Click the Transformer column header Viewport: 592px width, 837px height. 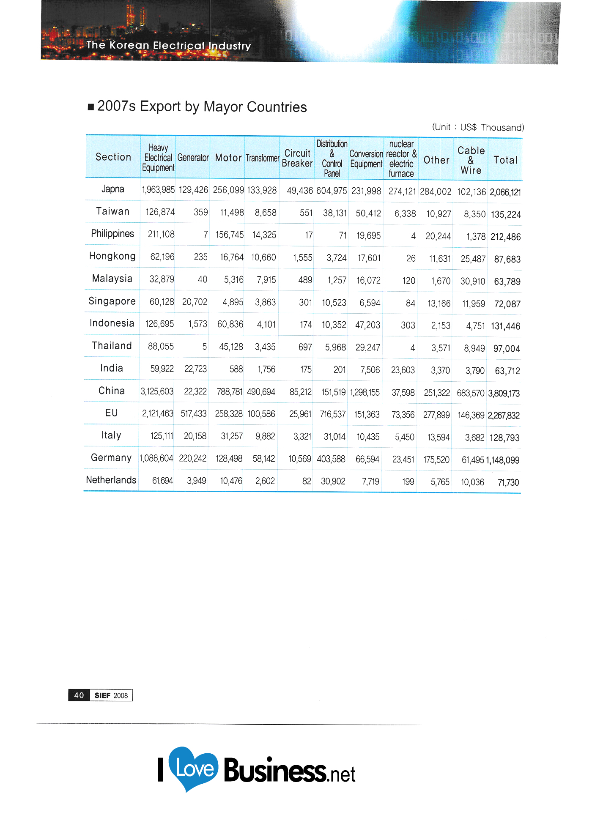pyautogui.click(x=262, y=158)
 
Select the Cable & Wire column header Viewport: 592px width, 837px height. pyautogui.click(x=471, y=160)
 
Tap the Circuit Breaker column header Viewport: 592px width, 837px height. pyautogui.click(x=297, y=158)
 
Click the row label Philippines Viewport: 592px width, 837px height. pyautogui.click(x=112, y=234)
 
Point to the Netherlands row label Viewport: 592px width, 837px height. pyautogui.click(x=111, y=480)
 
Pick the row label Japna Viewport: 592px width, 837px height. pyautogui.click(x=113, y=189)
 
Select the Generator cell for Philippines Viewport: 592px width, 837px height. pyautogui.click(x=205, y=235)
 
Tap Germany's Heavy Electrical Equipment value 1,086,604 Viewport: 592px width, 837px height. pyautogui.click(x=156, y=458)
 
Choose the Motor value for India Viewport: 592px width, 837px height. pyautogui.click(x=236, y=369)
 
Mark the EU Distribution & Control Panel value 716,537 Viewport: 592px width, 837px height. pyautogui.click(x=333, y=414)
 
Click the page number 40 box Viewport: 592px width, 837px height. pyautogui.click(x=79, y=695)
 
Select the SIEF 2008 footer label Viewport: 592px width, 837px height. pyautogui.click(x=111, y=695)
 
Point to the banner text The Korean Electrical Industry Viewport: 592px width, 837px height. pyautogui.click(x=168, y=46)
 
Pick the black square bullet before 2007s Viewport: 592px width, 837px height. pyautogui.click(x=91, y=107)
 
